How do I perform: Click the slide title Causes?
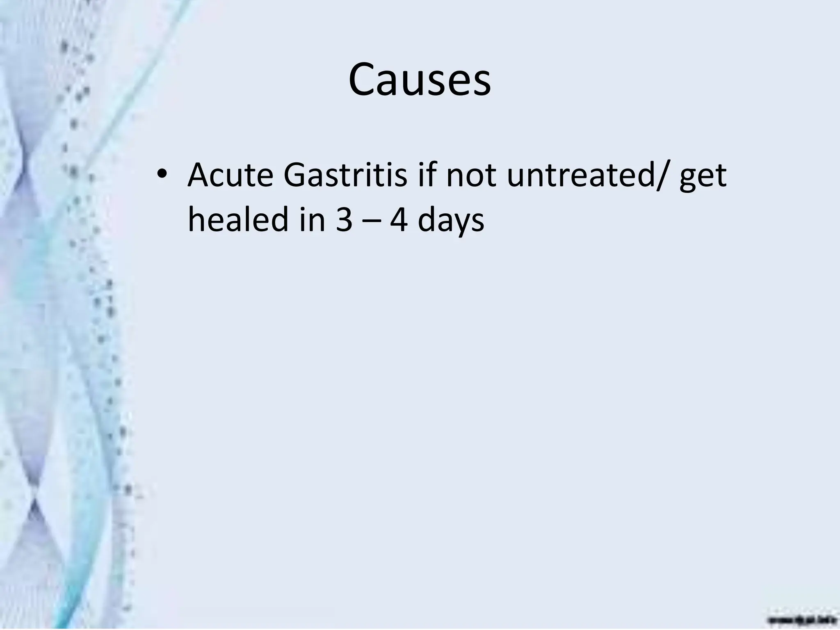419,80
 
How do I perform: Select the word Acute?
231,175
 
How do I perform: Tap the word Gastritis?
345,175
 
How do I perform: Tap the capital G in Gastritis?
295,175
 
